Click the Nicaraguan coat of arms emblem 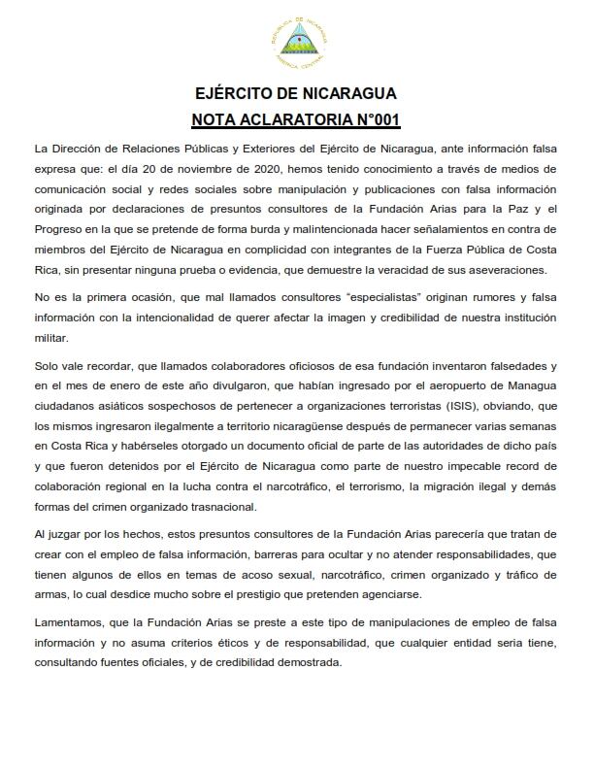pyautogui.click(x=296, y=42)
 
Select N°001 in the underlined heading pyautogui.click(x=374, y=120)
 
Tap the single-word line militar pyautogui.click(x=51, y=338)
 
